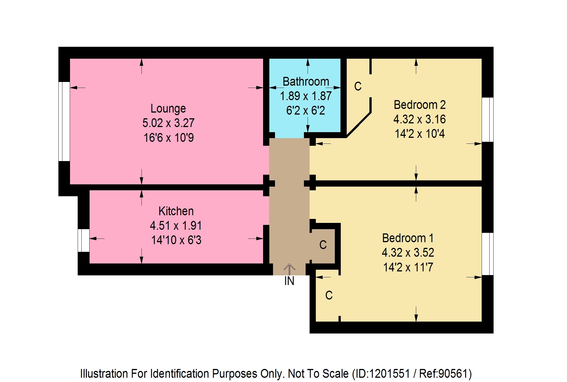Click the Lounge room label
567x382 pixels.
coord(168,109)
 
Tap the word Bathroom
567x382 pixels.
coord(306,82)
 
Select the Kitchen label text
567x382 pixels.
coord(176,211)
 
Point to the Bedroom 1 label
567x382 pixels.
coord(408,238)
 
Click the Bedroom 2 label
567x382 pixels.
coord(420,105)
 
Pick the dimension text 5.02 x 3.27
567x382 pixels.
coord(168,123)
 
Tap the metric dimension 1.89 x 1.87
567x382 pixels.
coord(306,96)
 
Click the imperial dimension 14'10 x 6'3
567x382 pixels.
coord(176,240)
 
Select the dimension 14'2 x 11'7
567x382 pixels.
coord(408,267)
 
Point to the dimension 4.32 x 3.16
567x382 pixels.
coord(420,119)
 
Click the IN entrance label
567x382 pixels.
coord(289,281)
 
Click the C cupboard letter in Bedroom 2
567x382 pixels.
coord(358,86)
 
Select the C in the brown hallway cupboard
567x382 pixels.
coord(323,245)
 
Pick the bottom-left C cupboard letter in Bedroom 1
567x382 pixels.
coord(329,295)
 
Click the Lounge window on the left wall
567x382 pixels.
coord(64,122)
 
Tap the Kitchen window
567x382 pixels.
coord(84,240)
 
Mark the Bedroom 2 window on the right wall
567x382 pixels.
coord(488,120)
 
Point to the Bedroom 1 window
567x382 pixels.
coord(488,254)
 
